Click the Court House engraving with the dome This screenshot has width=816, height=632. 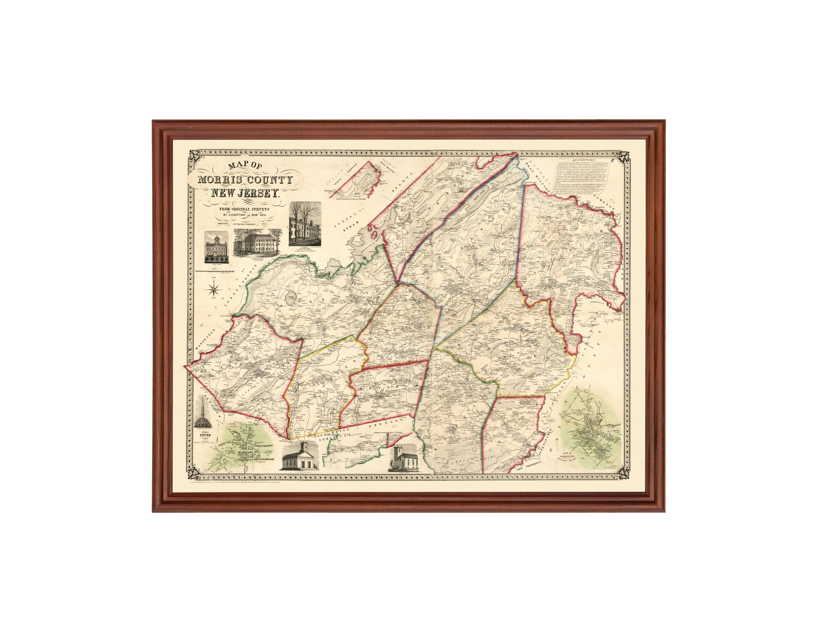pos(216,247)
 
